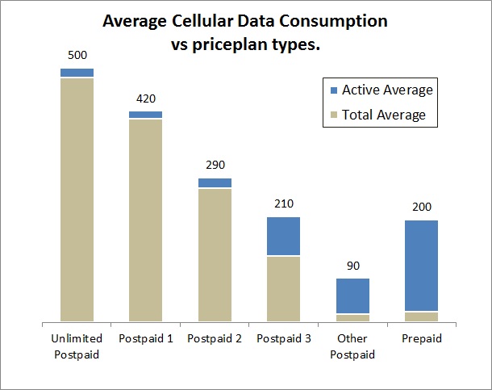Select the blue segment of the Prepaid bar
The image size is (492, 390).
pyautogui.click(x=421, y=265)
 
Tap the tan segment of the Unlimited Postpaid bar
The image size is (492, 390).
pyautogui.click(x=77, y=199)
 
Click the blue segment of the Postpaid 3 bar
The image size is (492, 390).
pyautogui.click(x=283, y=236)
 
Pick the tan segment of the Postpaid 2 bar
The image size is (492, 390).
pyautogui.click(x=215, y=254)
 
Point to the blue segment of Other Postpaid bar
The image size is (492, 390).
pyautogui.click(x=352, y=296)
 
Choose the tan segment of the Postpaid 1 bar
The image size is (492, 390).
pyautogui.click(x=145, y=220)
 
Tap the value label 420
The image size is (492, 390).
pyautogui.click(x=145, y=99)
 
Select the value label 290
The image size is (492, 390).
pyautogui.click(x=215, y=165)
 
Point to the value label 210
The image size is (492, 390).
pyautogui.click(x=283, y=204)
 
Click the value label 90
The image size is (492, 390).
pyautogui.click(x=352, y=266)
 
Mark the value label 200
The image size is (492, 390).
pyautogui.click(x=421, y=207)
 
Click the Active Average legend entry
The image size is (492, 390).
pyautogui.click(x=379, y=90)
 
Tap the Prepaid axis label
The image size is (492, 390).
pyautogui.click(x=421, y=339)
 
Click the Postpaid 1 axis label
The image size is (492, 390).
pyautogui.click(x=145, y=339)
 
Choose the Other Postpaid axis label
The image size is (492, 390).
pyautogui.click(x=352, y=346)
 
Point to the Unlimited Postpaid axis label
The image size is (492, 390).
pyautogui.click(x=77, y=346)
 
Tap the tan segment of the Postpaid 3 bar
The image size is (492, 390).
pyautogui.click(x=283, y=288)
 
